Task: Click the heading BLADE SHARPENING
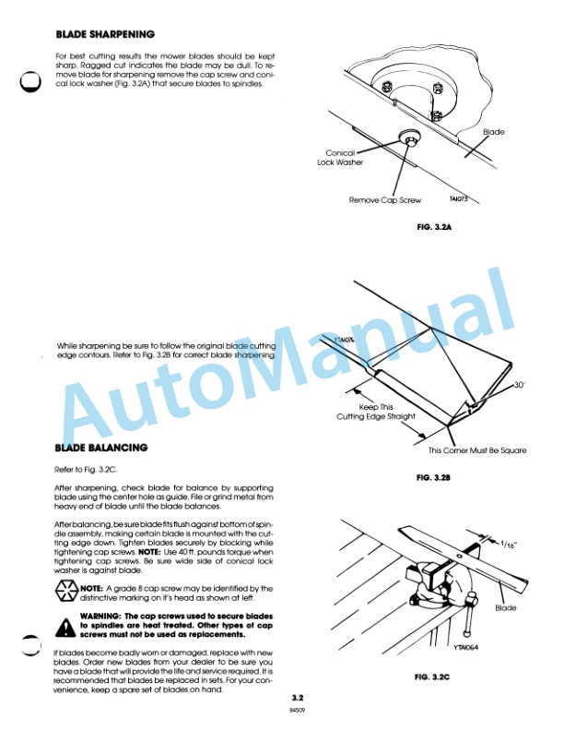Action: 105,34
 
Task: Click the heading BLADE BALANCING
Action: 100,448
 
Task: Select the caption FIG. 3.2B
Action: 438,477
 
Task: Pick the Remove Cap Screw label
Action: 383,199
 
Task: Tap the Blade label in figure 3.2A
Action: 494,132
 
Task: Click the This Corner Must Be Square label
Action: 477,450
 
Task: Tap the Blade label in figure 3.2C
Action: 506,608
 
